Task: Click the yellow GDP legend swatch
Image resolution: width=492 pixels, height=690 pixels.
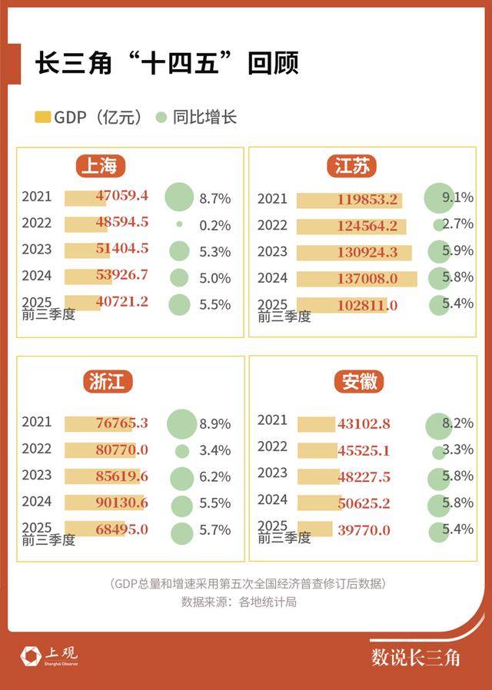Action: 42,118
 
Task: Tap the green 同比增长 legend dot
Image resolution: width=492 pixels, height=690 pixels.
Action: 161,118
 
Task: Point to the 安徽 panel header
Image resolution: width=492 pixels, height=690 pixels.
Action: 359,381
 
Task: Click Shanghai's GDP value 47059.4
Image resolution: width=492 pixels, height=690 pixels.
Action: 122,196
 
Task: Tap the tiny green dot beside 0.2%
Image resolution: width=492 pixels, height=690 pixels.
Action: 179,224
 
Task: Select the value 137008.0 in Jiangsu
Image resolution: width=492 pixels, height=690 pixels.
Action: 367,278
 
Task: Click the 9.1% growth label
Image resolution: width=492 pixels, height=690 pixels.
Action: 458,197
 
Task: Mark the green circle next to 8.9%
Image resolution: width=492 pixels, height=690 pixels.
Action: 182,423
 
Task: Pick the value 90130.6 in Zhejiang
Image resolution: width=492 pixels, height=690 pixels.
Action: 122,503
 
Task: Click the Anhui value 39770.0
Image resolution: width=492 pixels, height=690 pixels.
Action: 364,530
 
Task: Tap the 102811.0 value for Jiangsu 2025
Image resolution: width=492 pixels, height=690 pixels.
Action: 367,305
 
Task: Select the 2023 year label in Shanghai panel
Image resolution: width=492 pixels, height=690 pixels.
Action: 37,249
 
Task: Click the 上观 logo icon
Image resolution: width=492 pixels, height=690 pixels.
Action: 32,655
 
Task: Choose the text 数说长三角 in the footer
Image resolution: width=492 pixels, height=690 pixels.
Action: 415,657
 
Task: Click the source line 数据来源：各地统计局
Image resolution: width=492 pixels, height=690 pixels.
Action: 238,602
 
